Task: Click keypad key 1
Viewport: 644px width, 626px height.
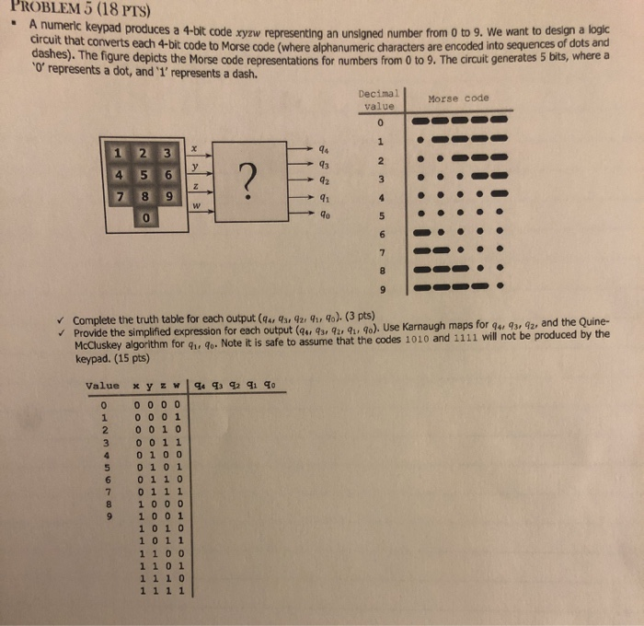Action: tap(118, 152)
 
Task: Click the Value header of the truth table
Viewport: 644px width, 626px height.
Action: tap(102, 386)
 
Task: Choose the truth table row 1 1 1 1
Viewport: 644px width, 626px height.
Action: tap(162, 592)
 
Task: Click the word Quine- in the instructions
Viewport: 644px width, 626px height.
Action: tap(590, 323)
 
